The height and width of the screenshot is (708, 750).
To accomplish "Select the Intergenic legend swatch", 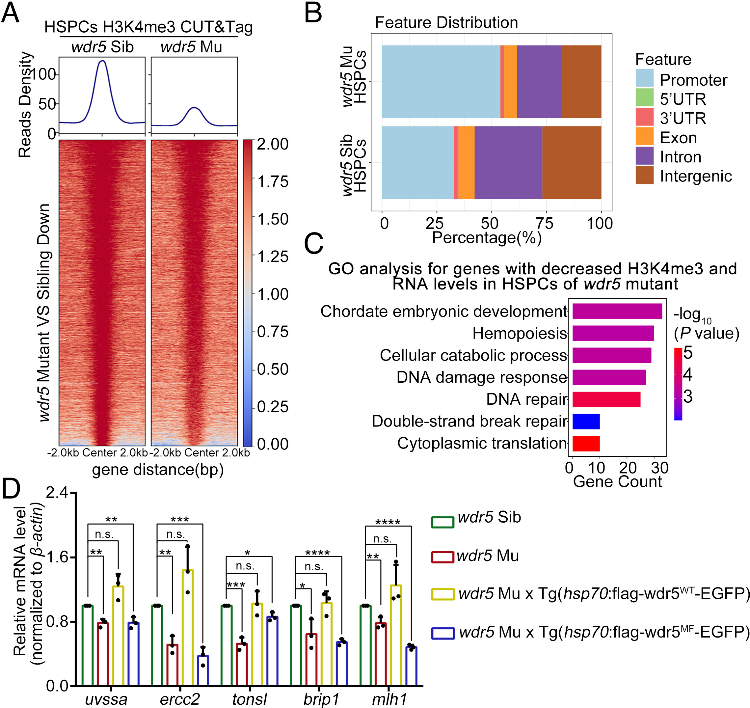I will (644, 176).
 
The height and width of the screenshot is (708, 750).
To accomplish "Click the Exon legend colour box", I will (644, 137).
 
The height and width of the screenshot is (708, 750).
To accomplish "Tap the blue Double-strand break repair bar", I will (586, 422).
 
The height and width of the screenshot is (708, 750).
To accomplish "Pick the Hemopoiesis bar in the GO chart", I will (613, 334).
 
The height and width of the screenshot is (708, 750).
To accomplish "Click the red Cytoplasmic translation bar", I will (586, 444).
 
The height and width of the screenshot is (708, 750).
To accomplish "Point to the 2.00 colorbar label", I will (272, 144).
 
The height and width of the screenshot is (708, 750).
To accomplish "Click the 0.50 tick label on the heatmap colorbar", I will (272, 369).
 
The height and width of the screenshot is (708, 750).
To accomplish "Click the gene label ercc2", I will (179, 699).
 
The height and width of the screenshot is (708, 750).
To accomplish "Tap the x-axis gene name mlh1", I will (389, 699).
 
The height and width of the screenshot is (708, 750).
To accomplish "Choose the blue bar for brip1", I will (342, 664).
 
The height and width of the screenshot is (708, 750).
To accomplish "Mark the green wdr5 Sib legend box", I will (442, 522).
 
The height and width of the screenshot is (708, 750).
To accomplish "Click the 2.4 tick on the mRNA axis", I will (57, 493).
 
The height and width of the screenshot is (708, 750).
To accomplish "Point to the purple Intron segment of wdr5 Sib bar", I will (508, 163).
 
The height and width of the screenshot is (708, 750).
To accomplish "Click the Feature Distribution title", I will (446, 23).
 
